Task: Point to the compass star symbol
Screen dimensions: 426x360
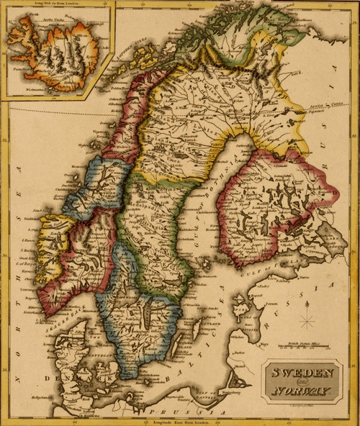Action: coord(307,319)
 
